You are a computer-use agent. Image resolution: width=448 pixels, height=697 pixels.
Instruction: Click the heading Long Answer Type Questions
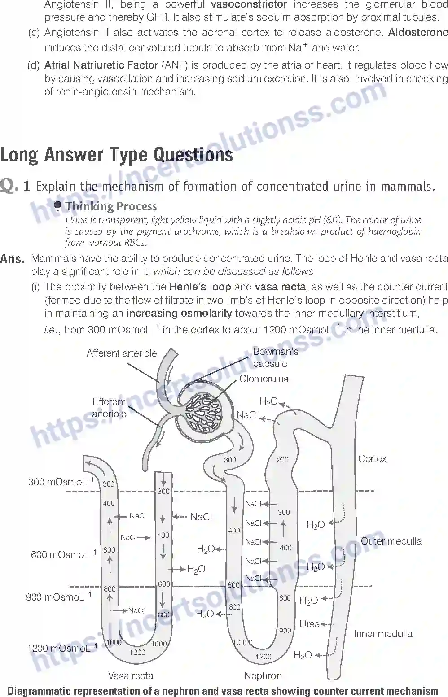point(117,155)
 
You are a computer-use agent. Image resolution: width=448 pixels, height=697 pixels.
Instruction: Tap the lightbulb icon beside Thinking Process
point(57,206)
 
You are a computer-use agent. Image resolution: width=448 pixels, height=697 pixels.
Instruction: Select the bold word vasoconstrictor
point(249,4)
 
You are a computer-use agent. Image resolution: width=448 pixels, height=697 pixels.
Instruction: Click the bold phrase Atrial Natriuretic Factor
point(101,65)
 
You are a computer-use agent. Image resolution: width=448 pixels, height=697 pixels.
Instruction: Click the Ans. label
point(12,259)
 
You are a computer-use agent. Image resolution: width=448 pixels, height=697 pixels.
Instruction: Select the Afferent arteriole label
point(122,353)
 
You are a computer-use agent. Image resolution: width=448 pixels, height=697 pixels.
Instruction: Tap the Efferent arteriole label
point(109,407)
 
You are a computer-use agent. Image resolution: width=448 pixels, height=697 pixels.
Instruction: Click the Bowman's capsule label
point(275,357)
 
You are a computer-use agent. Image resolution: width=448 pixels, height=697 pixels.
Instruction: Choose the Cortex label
point(372,459)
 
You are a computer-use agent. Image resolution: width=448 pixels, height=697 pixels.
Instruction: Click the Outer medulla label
point(391,541)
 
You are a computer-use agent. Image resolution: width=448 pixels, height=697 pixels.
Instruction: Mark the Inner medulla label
point(383,634)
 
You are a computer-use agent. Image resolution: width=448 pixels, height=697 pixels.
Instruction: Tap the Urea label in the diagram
point(309,624)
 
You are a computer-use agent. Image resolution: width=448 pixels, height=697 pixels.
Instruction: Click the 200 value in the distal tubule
point(282,460)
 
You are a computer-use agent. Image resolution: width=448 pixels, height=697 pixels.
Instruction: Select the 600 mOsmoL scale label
point(63,554)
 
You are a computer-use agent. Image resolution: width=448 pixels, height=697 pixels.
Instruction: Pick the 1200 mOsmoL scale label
point(62,648)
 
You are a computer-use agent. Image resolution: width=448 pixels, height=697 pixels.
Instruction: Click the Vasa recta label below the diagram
point(131,675)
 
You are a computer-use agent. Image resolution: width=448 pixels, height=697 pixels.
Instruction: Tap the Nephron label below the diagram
point(263,675)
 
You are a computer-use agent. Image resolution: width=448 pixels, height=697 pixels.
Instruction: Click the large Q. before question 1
point(9,185)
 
